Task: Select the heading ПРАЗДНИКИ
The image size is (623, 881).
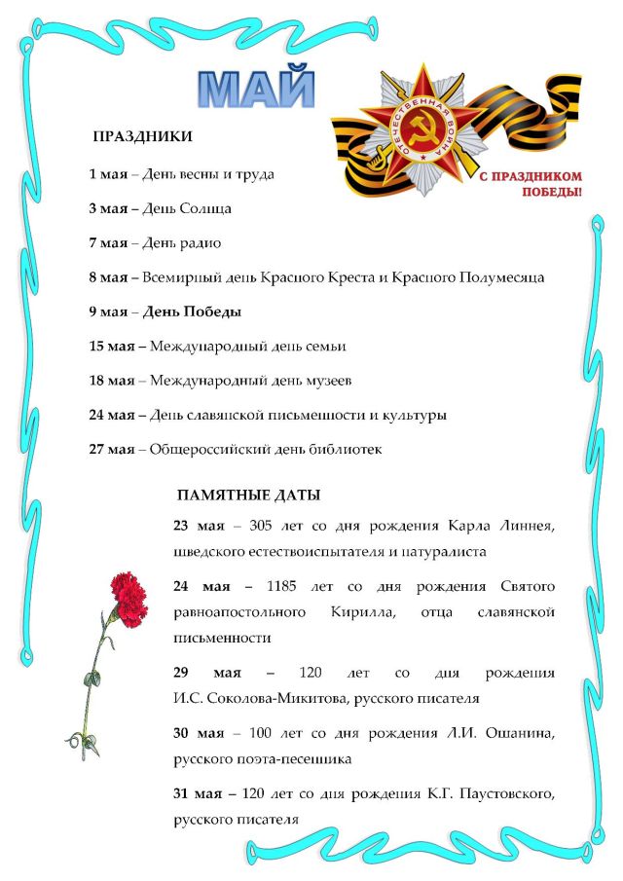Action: (142, 137)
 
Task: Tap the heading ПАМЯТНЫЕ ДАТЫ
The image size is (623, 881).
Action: (248, 496)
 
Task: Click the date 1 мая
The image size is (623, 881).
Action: (108, 174)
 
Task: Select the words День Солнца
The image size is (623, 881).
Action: (187, 208)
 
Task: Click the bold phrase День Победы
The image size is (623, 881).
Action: (192, 312)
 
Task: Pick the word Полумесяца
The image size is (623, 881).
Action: (495, 277)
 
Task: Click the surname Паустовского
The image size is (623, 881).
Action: (503, 794)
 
